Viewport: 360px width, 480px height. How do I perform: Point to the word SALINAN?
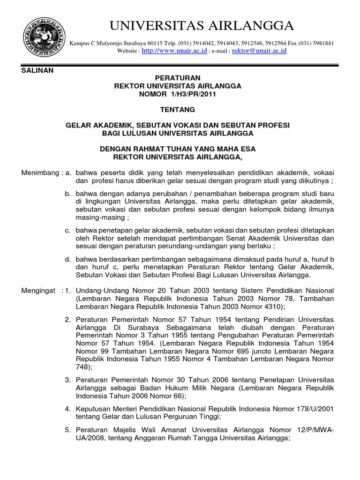[38, 70]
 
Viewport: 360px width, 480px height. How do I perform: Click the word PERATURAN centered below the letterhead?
[178, 78]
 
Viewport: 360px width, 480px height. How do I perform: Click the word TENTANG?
[178, 110]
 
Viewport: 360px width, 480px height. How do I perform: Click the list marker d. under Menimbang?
[68, 259]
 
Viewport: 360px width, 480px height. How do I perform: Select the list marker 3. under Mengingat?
[68, 379]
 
